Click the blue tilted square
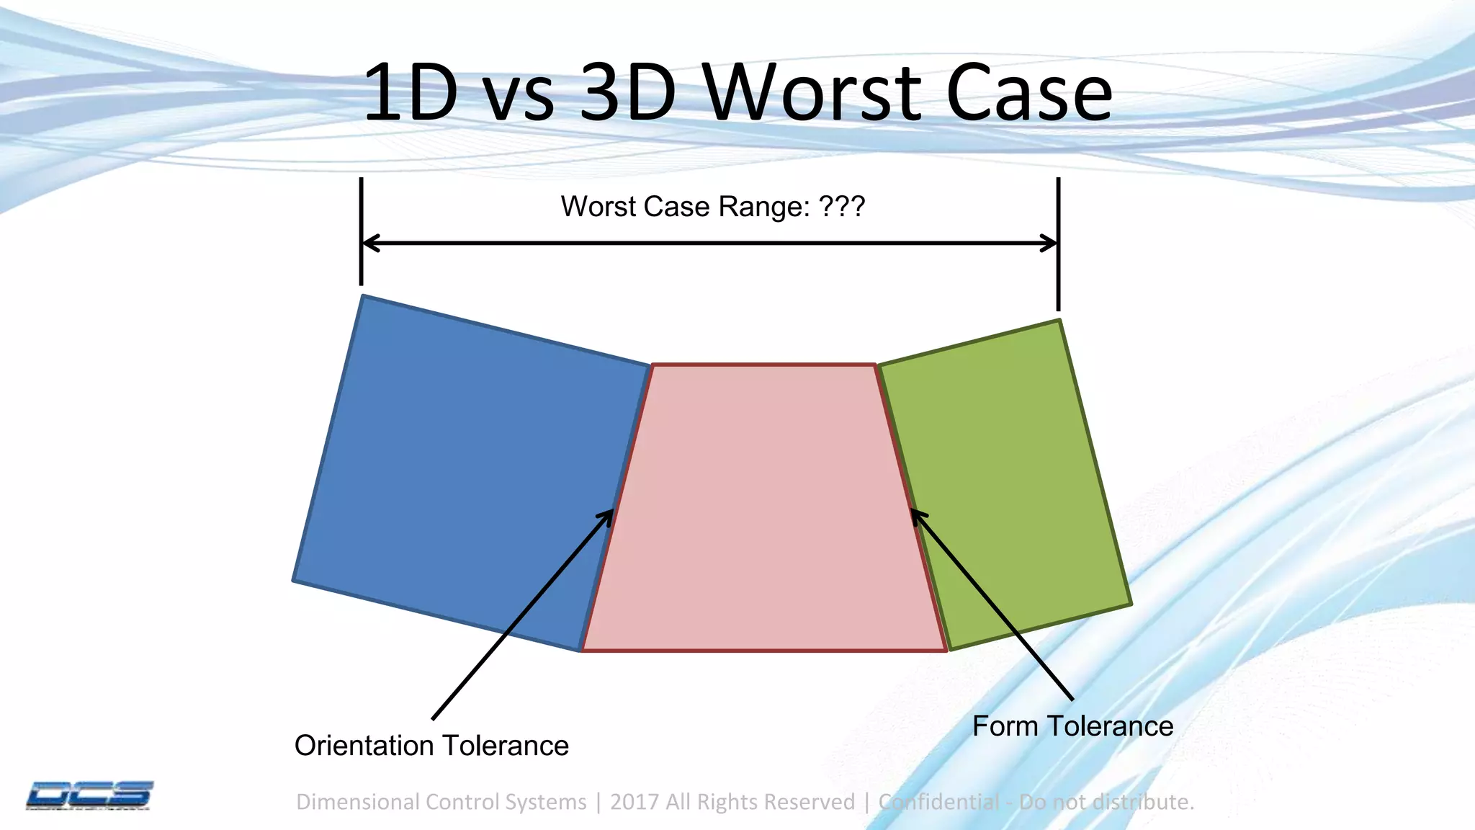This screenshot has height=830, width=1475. [x=468, y=468]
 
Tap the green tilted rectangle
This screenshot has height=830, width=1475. [x=1008, y=483]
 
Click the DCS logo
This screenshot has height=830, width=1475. [x=89, y=795]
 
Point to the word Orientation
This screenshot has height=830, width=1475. [x=364, y=746]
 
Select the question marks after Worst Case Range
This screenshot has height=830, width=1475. [x=841, y=207]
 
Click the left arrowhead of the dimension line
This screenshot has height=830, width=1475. [x=369, y=244]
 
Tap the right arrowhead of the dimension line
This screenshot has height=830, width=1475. [x=1050, y=244]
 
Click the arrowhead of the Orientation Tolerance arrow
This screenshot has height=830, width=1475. [x=609, y=514]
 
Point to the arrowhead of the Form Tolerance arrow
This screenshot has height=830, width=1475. [x=916, y=514]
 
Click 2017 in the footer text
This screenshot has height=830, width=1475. [x=634, y=802]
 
